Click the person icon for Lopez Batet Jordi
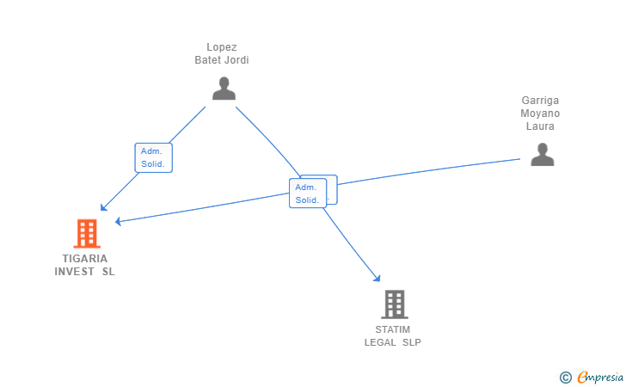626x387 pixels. click(224, 89)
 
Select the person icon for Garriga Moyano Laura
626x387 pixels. click(542, 154)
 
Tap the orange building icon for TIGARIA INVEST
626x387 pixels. click(87, 234)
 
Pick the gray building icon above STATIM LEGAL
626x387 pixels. click(395, 304)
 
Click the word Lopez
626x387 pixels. click(222, 47)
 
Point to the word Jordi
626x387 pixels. click(236, 60)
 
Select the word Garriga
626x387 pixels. click(540, 101)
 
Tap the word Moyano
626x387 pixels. click(540, 114)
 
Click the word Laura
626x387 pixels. click(540, 126)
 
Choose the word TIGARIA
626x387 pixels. click(84, 259)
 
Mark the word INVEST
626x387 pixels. click(74, 272)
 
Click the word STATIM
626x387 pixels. click(392, 329)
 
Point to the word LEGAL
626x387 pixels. click(380, 342)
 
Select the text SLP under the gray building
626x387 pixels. click(412, 342)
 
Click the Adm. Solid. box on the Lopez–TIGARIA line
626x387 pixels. click(154, 157)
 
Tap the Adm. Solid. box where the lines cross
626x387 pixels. click(308, 193)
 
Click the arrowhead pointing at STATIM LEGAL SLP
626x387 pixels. click(377, 279)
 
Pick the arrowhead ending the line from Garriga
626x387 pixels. click(118, 221)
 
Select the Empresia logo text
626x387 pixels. click(600, 377)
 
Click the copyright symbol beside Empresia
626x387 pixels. click(566, 378)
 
